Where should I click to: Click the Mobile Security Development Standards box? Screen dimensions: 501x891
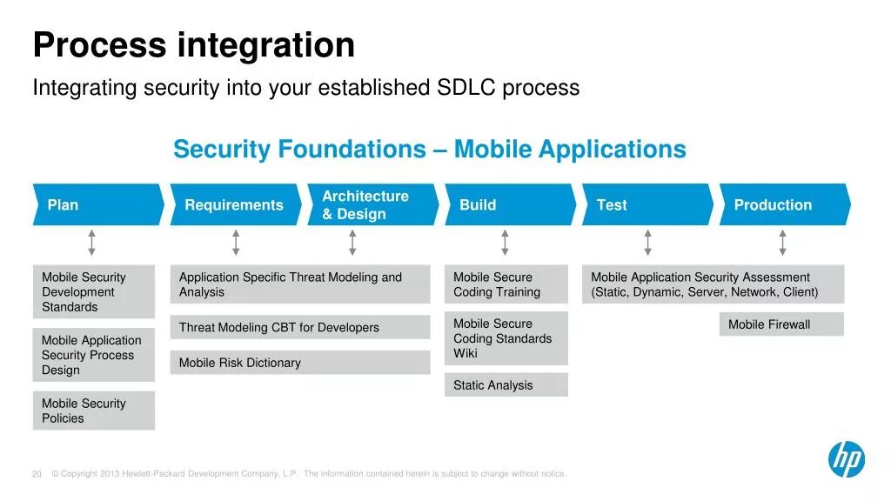point(94,292)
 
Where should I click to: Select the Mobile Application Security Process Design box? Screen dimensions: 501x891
point(94,355)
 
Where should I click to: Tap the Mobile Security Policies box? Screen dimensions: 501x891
point(94,411)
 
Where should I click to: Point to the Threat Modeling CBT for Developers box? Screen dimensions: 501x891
point(300,328)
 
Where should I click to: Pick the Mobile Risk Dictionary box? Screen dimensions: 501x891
point(300,363)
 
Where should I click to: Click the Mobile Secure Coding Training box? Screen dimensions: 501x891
point(506,284)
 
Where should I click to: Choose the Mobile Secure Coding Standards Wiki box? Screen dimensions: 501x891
point(506,338)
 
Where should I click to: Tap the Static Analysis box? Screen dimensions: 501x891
point(506,385)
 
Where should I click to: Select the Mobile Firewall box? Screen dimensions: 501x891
point(781,324)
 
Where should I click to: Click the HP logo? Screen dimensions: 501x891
point(846,458)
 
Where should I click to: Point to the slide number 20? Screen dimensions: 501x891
point(37,474)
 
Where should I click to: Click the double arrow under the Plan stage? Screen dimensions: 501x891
point(91,244)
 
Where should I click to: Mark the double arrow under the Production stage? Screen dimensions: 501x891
point(782,244)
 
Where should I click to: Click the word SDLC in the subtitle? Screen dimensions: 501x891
point(466,88)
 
